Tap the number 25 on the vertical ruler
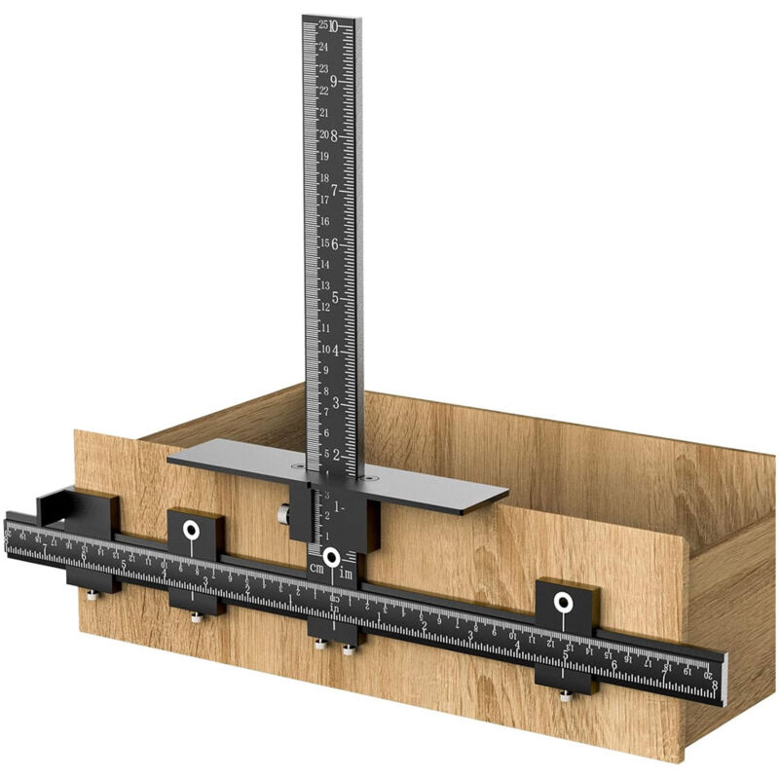tap(322, 25)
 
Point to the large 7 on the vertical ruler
tap(335, 190)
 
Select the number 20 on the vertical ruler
tap(323, 134)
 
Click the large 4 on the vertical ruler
tap(336, 350)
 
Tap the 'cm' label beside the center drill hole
tap(315, 568)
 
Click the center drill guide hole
tap(332, 558)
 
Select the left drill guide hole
tap(192, 531)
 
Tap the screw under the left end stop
tap(92, 594)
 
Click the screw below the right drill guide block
tap(565, 693)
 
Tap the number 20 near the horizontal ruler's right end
tap(707, 674)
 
